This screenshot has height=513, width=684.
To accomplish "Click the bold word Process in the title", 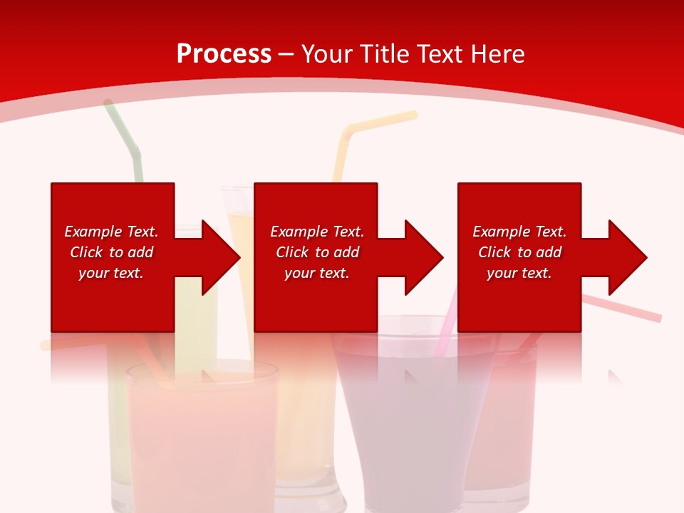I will [x=224, y=54].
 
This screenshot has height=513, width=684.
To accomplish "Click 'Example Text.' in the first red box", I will [x=111, y=232].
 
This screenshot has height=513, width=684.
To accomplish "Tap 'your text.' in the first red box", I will [x=111, y=273].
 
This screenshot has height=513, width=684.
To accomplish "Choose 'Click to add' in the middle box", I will [x=317, y=252].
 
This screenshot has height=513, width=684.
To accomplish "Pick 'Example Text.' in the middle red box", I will [x=317, y=232].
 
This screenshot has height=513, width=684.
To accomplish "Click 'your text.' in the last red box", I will [x=519, y=273].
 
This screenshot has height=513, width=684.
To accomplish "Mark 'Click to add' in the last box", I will [x=519, y=252].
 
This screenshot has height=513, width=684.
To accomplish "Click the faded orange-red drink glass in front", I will [x=201, y=435].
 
